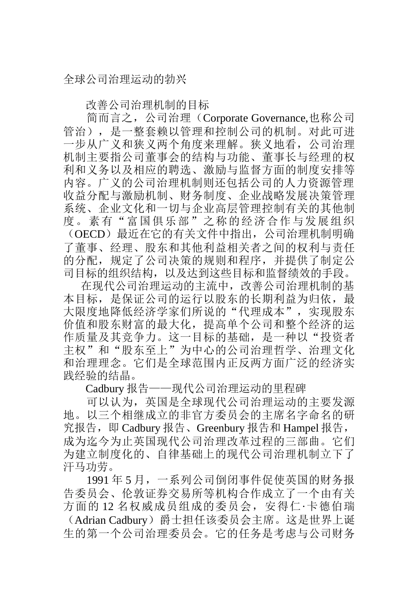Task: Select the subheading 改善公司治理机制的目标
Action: [147, 106]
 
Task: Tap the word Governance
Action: [275, 118]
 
